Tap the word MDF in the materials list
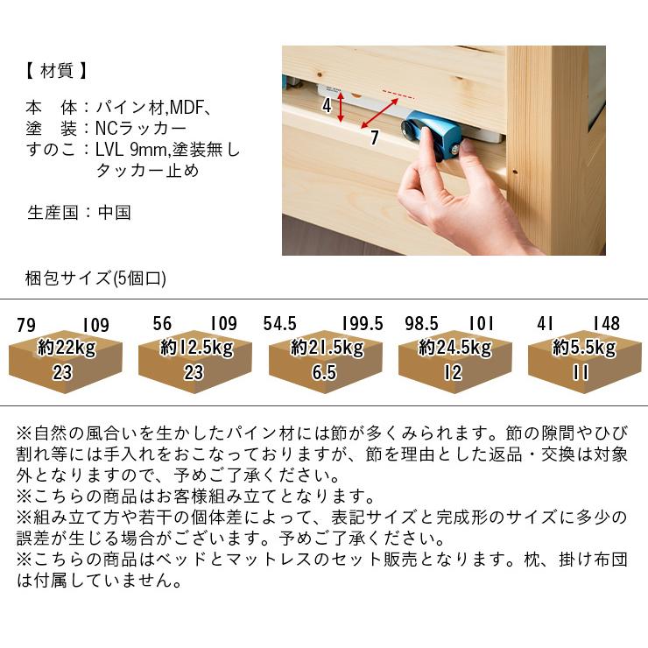click(187, 108)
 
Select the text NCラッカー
click(141, 129)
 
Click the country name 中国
click(115, 213)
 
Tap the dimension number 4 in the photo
click(327, 105)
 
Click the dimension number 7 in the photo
click(375, 137)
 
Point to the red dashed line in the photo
click(398, 95)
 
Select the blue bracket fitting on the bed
click(432, 132)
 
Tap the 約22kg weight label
click(67, 348)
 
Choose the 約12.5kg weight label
click(197, 348)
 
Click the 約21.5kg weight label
click(328, 348)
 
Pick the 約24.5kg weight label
click(455, 348)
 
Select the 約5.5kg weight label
click(584, 348)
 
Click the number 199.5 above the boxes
click(363, 324)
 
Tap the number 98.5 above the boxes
click(421, 324)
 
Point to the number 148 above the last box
click(607, 324)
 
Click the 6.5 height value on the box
click(324, 372)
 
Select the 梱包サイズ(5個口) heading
click(95, 278)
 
